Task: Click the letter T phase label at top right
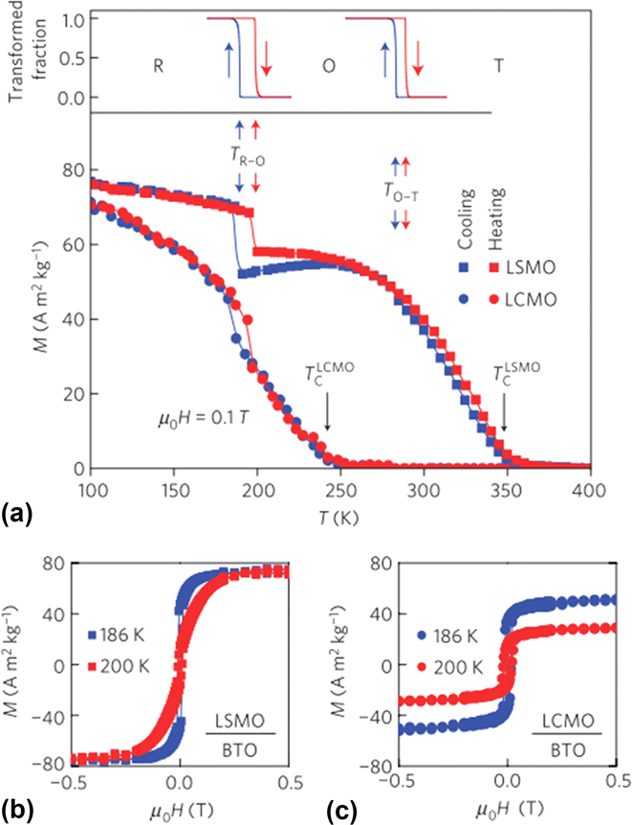(x=498, y=66)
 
